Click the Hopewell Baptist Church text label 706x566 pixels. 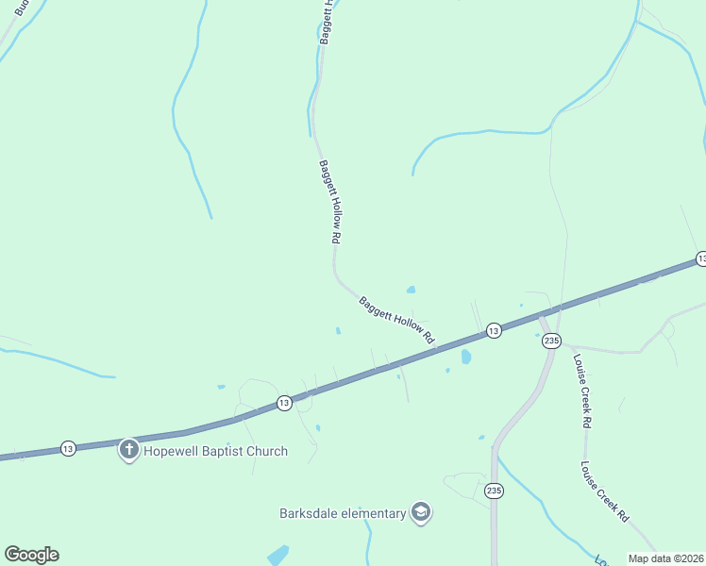[215, 451]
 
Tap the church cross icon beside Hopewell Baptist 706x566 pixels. [128, 450]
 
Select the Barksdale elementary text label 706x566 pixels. [343, 514]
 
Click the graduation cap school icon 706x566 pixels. [420, 513]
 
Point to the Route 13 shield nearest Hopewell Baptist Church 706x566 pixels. [68, 448]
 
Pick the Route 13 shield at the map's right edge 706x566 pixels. [700, 258]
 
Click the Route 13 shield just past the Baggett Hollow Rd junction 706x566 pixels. [493, 330]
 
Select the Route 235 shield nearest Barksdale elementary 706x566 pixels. [494, 491]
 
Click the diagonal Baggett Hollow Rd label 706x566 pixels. [396, 320]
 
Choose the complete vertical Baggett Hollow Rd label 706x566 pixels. [328, 203]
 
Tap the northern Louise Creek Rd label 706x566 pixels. [581, 391]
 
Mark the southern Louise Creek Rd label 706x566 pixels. [605, 491]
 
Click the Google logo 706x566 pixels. [31, 555]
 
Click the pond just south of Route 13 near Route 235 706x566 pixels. [466, 357]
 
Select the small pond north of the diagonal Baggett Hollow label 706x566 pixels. [411, 290]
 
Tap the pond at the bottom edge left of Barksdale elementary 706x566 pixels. [277, 556]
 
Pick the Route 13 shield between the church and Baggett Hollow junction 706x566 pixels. [284, 403]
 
